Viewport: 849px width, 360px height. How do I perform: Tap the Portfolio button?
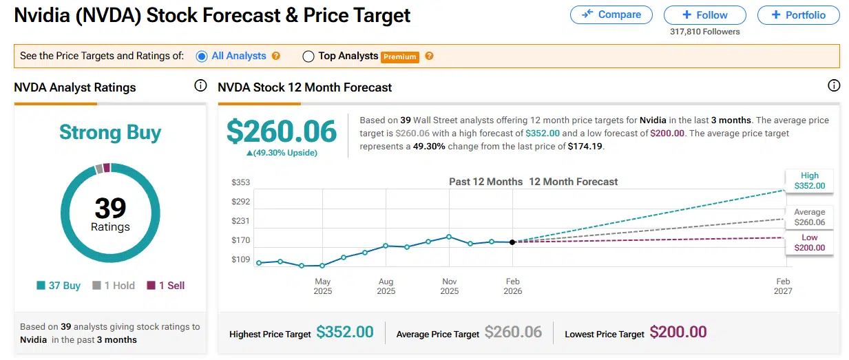pos(798,15)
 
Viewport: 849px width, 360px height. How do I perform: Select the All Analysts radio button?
pos(202,56)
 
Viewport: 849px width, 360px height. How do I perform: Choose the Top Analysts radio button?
pos(308,56)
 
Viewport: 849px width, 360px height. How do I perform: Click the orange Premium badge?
pos(400,57)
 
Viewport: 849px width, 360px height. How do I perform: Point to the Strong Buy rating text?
pos(110,132)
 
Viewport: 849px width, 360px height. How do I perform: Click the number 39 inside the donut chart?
pos(110,207)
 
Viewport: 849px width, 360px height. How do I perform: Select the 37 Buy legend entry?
pos(59,286)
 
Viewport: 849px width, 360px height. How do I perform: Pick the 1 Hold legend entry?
pos(114,286)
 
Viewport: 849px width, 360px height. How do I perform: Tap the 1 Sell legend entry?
pos(166,286)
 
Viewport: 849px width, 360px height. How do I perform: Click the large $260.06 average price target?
pos(282,131)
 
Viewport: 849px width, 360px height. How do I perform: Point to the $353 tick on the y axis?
pos(240,182)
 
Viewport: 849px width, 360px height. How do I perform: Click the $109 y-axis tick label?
pos(240,260)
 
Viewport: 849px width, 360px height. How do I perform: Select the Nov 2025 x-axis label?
pos(450,286)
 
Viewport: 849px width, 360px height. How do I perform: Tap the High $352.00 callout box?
pos(809,181)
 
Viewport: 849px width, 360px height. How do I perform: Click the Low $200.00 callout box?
pos(809,242)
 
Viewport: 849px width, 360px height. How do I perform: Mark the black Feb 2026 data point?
pos(512,242)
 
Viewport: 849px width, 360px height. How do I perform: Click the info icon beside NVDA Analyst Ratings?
pos(200,86)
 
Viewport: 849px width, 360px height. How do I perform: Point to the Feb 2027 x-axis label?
pos(783,286)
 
